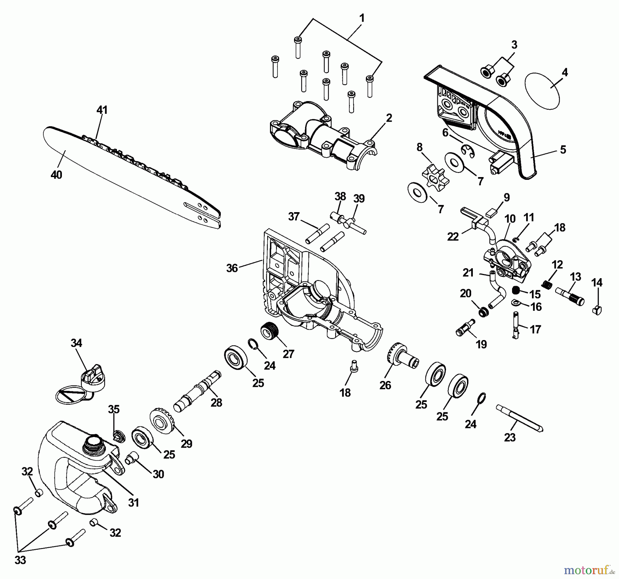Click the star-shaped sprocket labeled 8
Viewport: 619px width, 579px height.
tap(433, 176)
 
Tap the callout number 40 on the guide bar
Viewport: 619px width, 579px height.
tap(56, 175)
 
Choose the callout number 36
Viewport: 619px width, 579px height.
tap(232, 268)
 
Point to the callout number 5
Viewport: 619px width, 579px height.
tap(563, 150)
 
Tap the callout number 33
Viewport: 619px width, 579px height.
tap(20, 560)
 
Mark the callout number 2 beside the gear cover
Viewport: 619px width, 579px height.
tap(389, 118)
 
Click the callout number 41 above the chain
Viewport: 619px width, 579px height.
tap(102, 110)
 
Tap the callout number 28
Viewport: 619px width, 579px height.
tap(216, 403)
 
